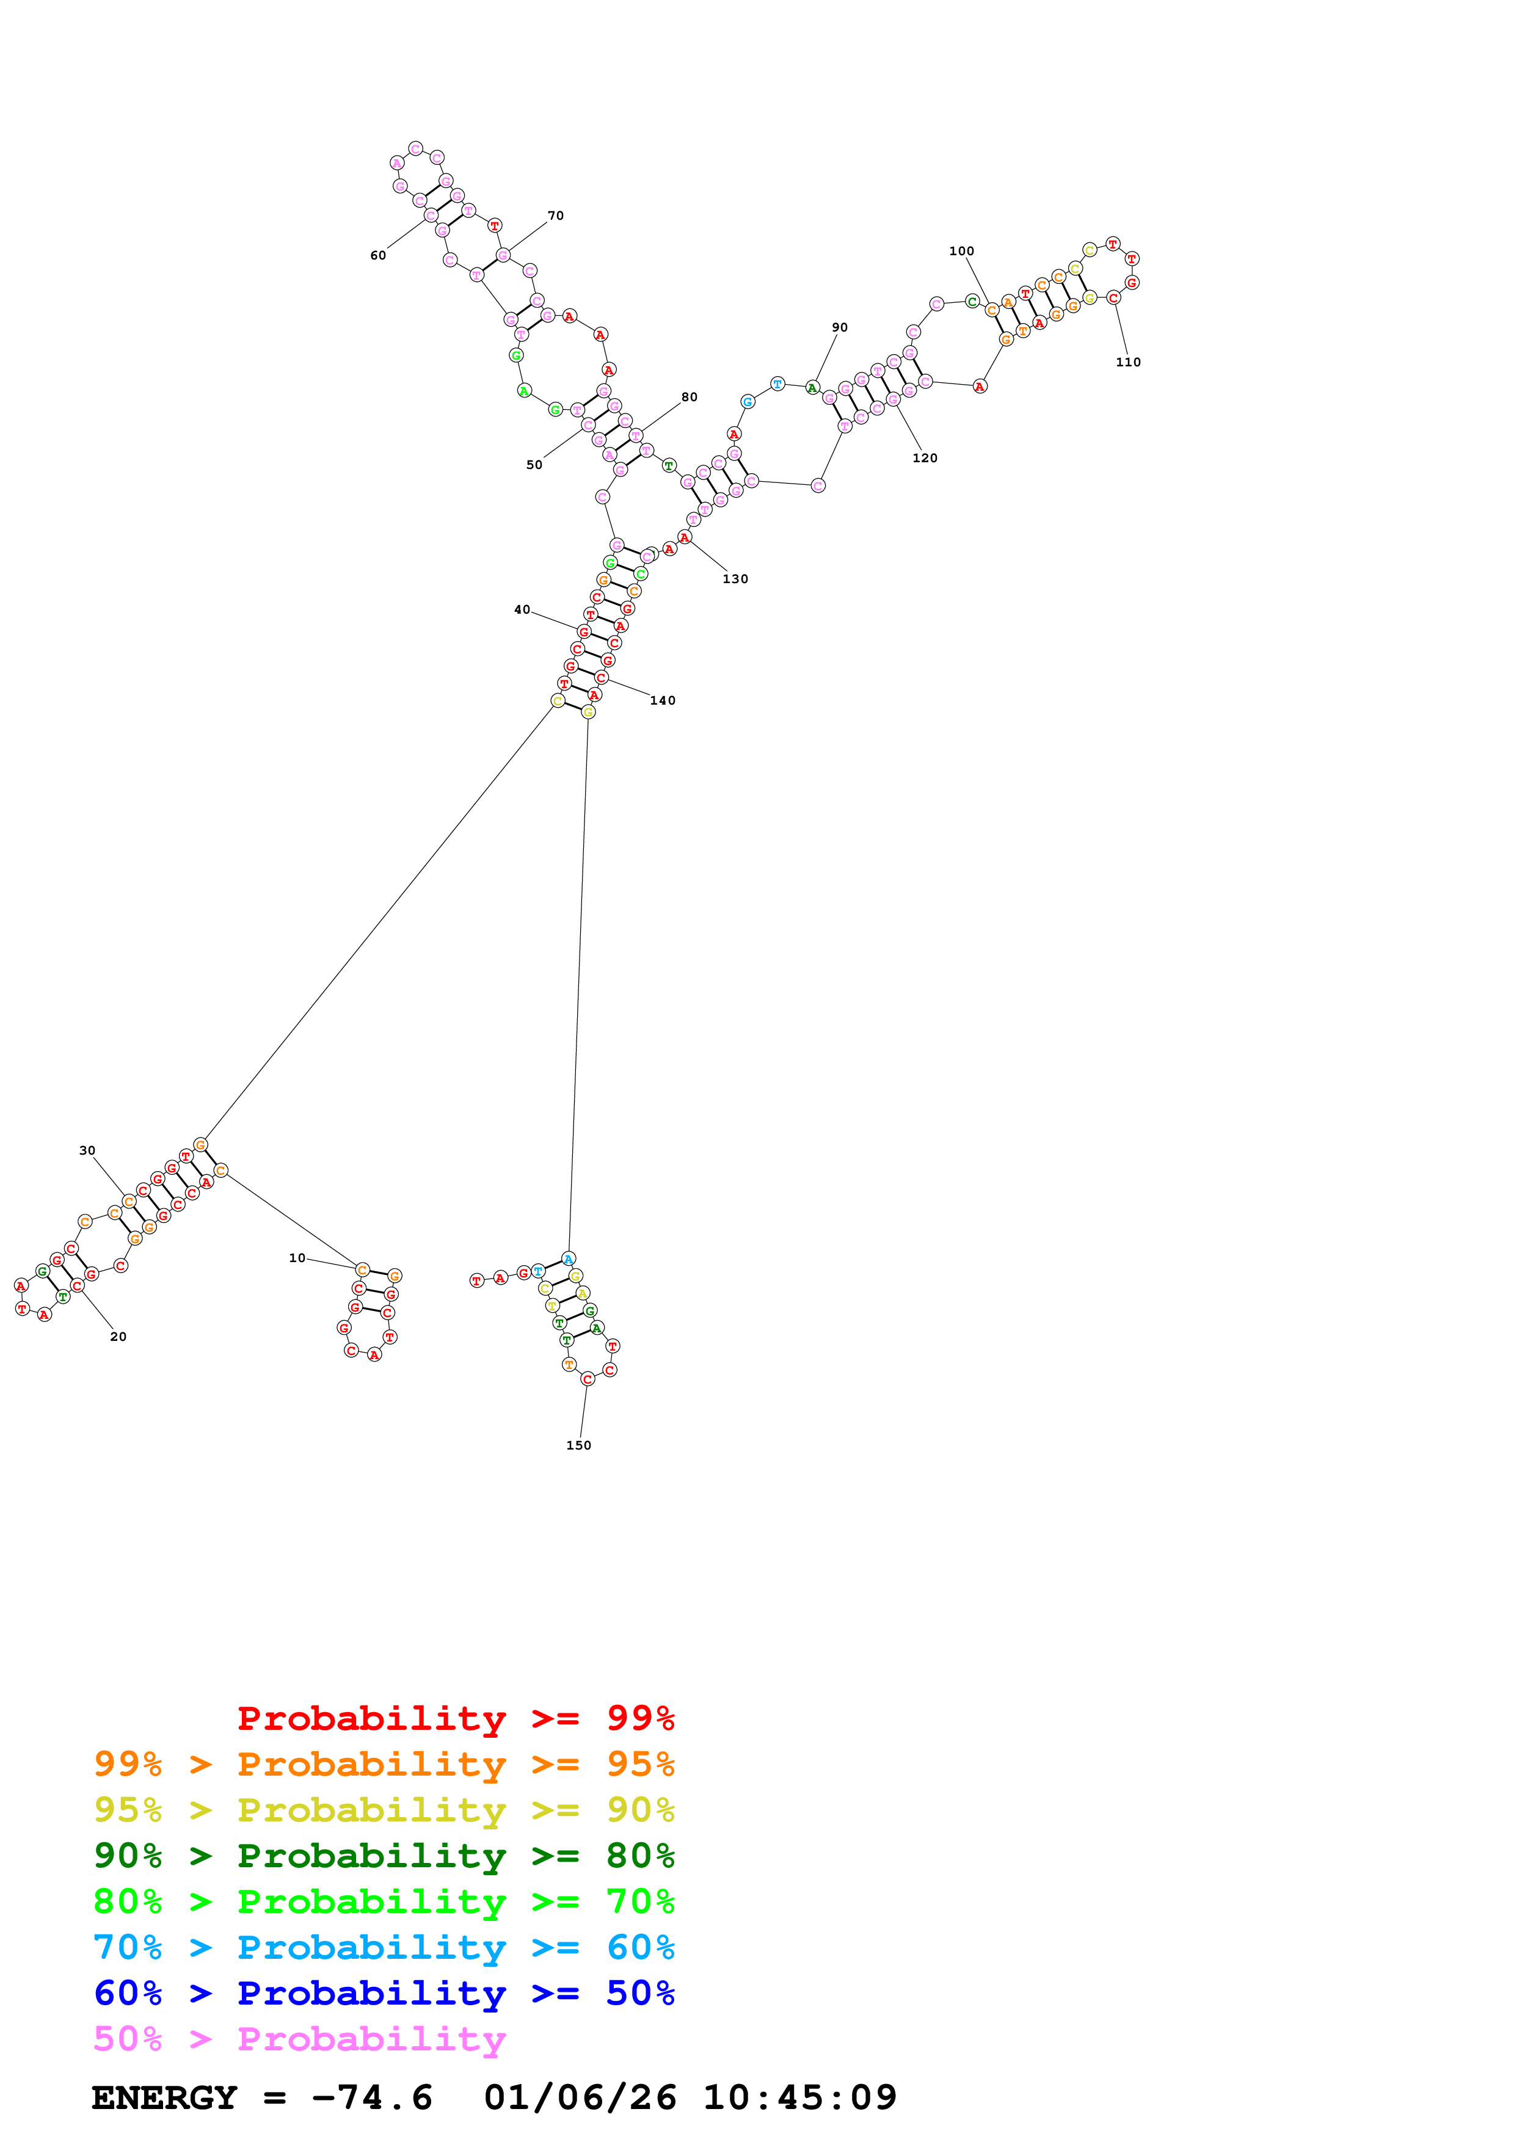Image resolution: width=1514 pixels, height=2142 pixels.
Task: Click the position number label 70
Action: click(x=555, y=216)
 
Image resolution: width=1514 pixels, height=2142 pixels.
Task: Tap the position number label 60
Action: click(x=378, y=256)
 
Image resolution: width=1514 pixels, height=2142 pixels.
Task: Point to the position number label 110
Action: click(x=1128, y=362)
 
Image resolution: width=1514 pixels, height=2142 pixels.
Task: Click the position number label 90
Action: click(x=840, y=327)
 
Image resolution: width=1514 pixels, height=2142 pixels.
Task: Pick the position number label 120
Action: click(x=925, y=458)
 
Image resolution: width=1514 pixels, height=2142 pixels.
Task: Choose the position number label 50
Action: click(x=534, y=465)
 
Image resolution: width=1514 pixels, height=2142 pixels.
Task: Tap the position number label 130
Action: click(x=735, y=579)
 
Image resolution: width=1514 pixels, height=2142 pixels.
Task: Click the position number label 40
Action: click(x=522, y=610)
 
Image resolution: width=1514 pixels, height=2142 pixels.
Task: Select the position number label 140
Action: click(x=662, y=700)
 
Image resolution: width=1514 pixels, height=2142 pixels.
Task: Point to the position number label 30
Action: click(x=87, y=1150)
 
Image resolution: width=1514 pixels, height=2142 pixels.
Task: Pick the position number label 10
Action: click(x=297, y=1258)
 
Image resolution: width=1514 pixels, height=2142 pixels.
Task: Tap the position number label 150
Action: click(x=578, y=1445)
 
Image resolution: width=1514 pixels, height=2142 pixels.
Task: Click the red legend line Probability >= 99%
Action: click(x=455, y=1718)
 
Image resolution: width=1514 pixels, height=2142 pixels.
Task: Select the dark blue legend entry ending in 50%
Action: click(x=384, y=1993)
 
